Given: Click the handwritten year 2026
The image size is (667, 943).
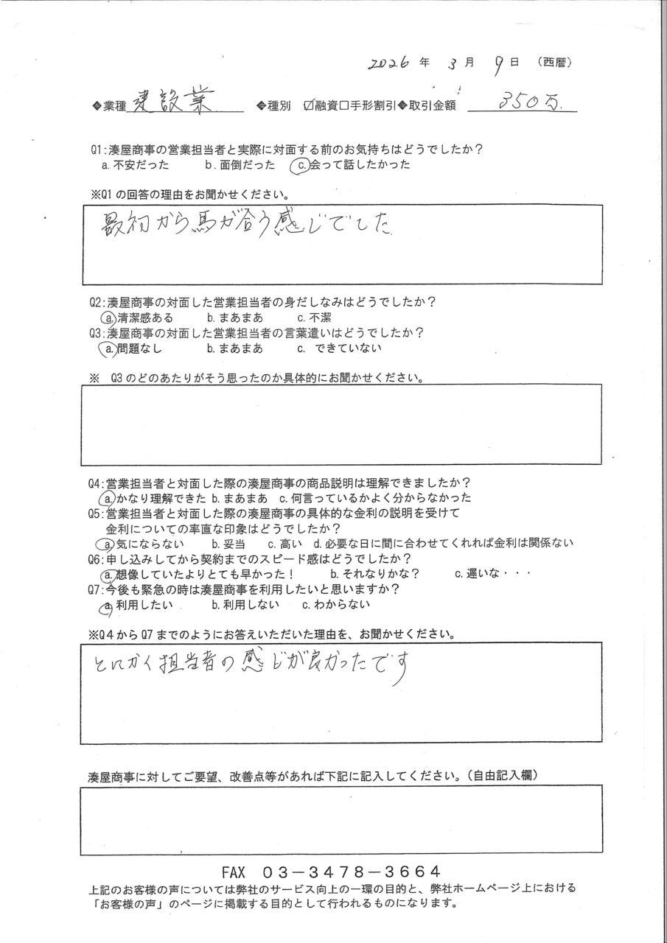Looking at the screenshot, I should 390,64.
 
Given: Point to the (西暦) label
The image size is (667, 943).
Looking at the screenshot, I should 554,63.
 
